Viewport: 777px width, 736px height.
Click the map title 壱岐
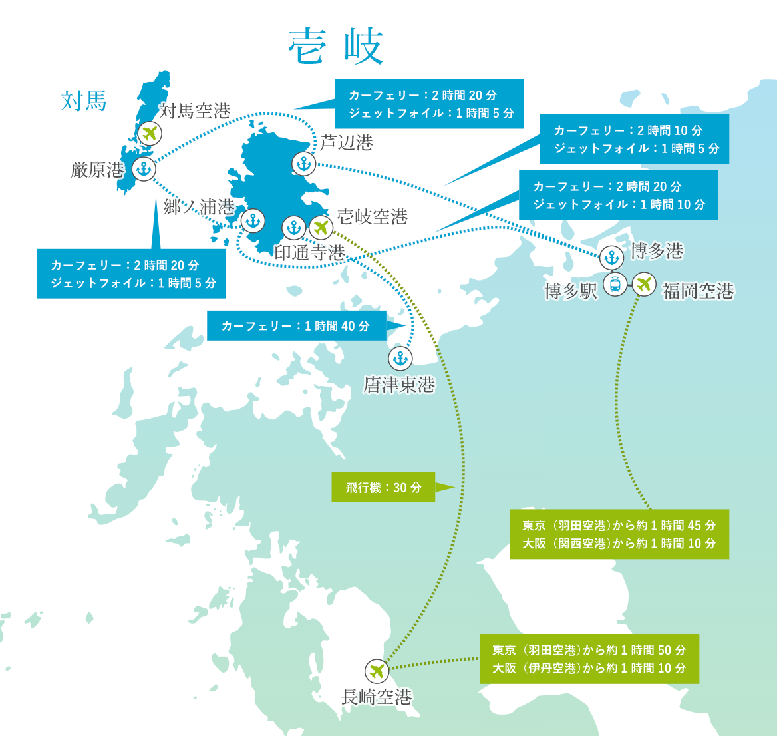click(x=336, y=46)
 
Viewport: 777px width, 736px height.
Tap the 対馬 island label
click(x=84, y=102)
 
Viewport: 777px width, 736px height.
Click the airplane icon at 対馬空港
click(x=151, y=133)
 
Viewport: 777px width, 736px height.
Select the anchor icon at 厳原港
click(x=144, y=169)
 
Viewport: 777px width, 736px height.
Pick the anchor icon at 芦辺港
click(x=303, y=163)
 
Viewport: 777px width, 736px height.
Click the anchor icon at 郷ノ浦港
click(x=253, y=220)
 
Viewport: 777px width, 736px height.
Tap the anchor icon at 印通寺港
click(x=293, y=228)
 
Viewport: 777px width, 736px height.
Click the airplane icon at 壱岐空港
click(x=321, y=228)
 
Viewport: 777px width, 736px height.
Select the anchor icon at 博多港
click(x=611, y=257)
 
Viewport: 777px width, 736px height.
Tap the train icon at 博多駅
click(x=615, y=285)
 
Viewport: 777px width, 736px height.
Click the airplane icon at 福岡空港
click(x=643, y=285)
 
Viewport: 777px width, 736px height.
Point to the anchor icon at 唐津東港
click(x=400, y=359)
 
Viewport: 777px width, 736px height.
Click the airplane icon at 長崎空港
click(x=377, y=671)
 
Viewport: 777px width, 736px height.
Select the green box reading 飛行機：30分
click(x=383, y=488)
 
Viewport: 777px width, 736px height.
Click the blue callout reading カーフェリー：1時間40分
click(x=296, y=326)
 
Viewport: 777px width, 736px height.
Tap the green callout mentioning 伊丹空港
click(x=589, y=659)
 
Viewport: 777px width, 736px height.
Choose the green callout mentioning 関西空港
click(x=619, y=534)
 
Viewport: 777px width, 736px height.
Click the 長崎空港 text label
click(x=377, y=697)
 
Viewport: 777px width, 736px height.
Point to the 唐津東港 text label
click(x=399, y=385)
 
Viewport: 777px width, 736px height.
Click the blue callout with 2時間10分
click(x=634, y=139)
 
